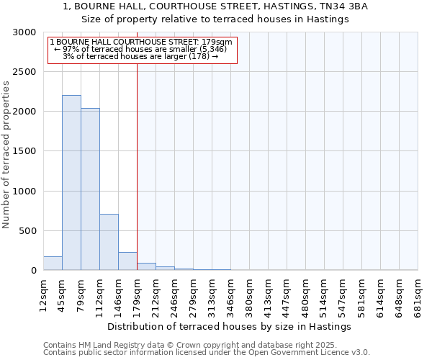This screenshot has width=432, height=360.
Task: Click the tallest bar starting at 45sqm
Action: (x=71, y=183)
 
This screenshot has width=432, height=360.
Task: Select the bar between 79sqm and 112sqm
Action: (x=90, y=189)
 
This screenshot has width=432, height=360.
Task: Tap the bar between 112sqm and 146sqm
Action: (x=109, y=242)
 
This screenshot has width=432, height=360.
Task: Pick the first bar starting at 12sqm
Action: (x=53, y=264)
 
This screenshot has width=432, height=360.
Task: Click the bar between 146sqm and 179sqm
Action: (x=127, y=261)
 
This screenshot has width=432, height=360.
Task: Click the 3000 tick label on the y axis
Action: (x=24, y=32)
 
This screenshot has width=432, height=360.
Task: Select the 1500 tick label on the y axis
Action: (x=24, y=152)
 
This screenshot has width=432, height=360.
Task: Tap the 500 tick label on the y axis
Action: (x=27, y=231)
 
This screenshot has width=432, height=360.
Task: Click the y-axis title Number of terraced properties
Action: (x=6, y=155)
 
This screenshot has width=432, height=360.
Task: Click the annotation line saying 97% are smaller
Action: (x=141, y=49)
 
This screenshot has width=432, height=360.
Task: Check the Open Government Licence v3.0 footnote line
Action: (x=207, y=352)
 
